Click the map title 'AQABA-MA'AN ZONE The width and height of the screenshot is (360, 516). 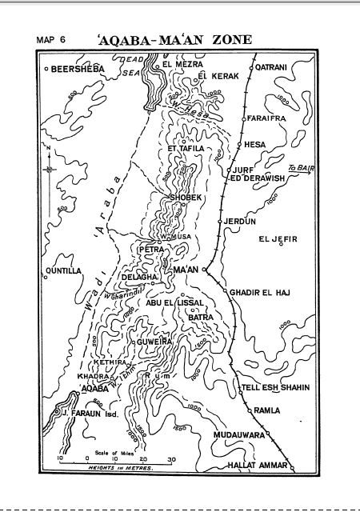[173, 38]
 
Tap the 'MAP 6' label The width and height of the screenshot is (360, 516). [51, 39]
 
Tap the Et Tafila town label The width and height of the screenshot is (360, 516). [186, 149]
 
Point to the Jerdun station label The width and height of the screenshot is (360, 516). [239, 221]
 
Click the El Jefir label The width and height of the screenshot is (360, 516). [277, 238]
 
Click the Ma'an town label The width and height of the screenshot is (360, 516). [185, 270]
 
